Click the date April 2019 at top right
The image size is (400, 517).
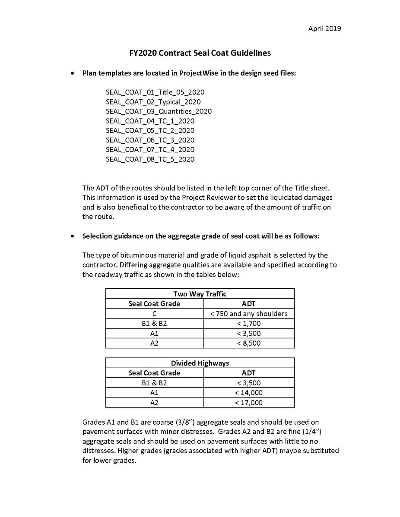(x=324, y=28)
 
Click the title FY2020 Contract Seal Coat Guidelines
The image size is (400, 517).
(x=200, y=53)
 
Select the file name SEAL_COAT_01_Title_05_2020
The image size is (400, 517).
(x=155, y=92)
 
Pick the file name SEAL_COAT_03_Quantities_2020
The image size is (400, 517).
(x=159, y=111)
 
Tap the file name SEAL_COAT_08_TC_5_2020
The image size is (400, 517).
(x=150, y=159)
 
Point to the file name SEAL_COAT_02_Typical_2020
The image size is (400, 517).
(x=153, y=102)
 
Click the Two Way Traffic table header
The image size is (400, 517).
(x=200, y=294)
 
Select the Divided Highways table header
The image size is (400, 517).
(x=200, y=363)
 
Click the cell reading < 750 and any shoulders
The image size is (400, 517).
(x=249, y=314)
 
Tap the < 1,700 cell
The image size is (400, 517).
(x=249, y=323)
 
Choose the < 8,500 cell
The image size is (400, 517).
(x=249, y=343)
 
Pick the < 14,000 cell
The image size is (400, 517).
(x=249, y=393)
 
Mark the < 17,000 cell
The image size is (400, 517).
(x=249, y=403)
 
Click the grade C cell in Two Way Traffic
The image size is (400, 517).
(x=154, y=314)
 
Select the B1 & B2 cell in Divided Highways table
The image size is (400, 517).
(x=154, y=383)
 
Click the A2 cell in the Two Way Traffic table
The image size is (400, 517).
(x=154, y=343)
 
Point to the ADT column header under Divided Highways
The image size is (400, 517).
(x=249, y=373)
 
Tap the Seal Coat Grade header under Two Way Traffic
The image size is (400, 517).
(x=154, y=304)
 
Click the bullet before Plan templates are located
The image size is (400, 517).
(x=72, y=73)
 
